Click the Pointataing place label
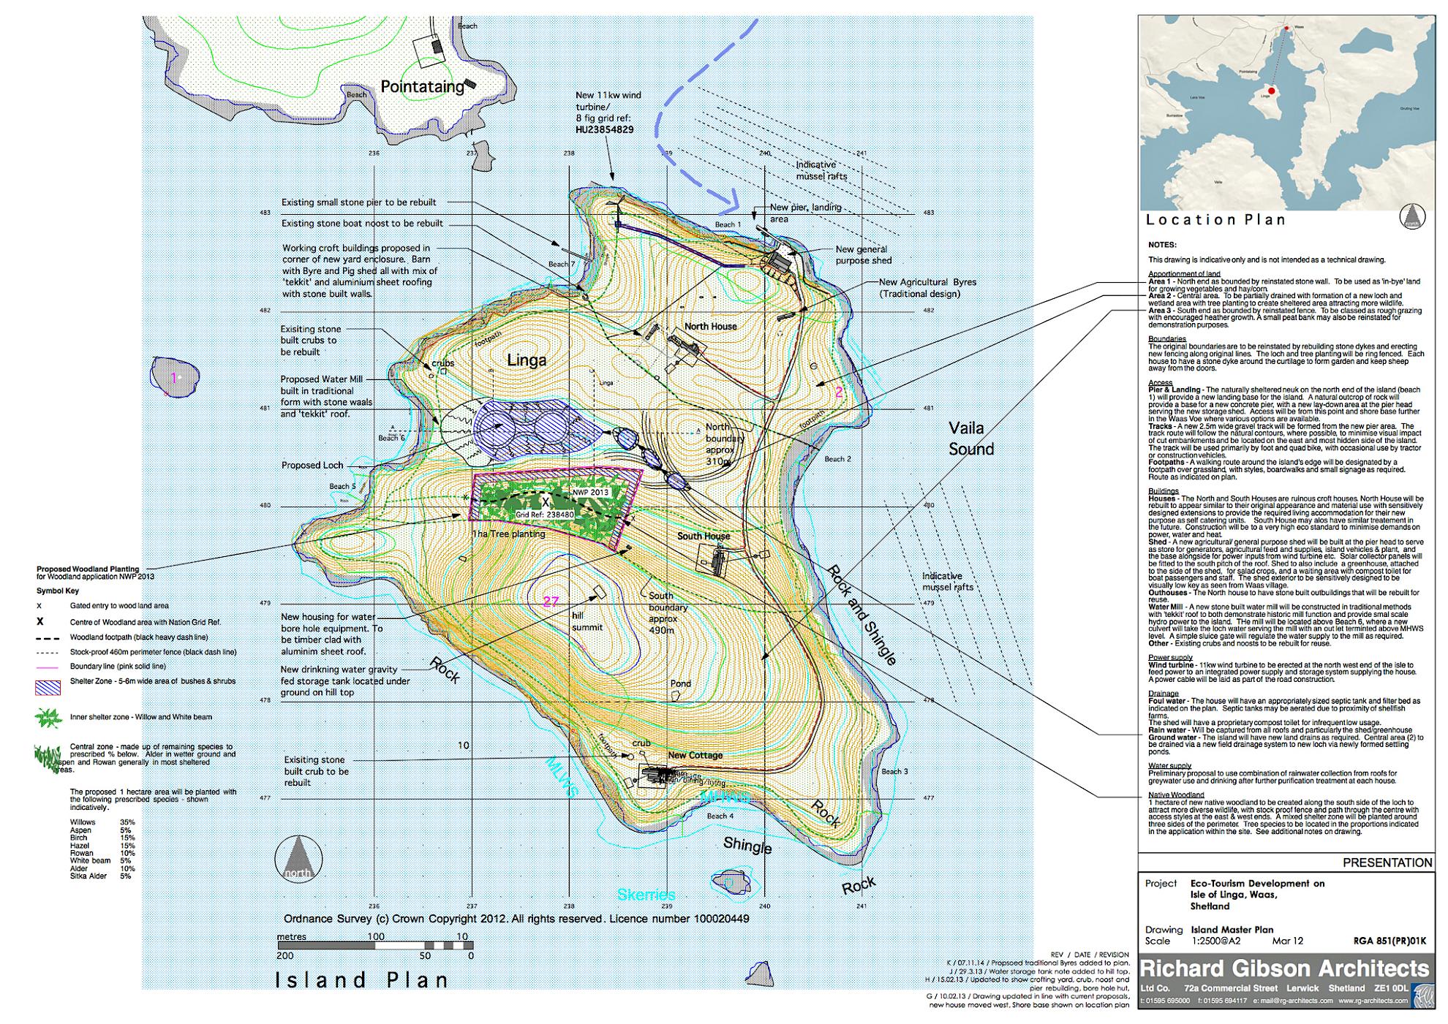click(422, 86)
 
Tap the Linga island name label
click(527, 360)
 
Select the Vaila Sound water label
click(970, 438)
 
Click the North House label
click(710, 326)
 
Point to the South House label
click(703, 536)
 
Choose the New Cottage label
click(695, 755)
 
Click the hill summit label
click(587, 621)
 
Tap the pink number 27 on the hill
click(550, 602)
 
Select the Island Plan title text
click(362, 979)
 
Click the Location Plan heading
click(1215, 219)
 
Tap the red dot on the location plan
click(1271, 91)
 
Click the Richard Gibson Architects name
click(1283, 968)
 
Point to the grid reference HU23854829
click(604, 129)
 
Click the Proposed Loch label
click(312, 465)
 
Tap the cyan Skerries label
click(646, 895)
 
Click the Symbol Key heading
click(57, 591)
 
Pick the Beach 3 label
click(894, 771)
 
